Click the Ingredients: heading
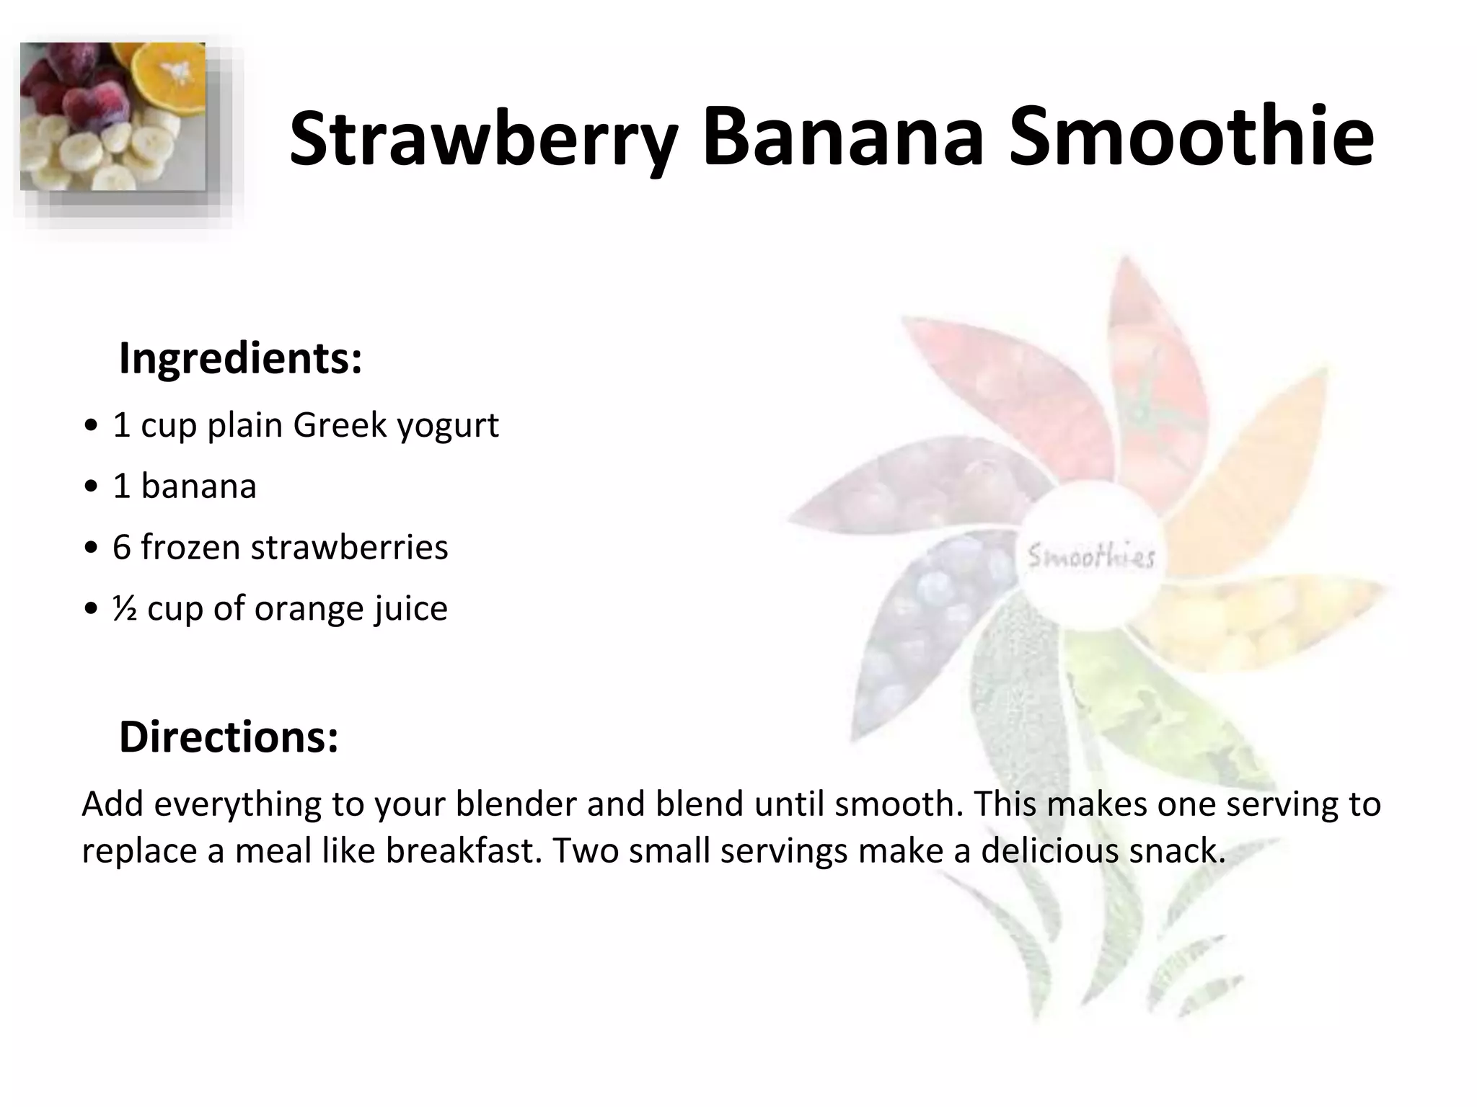coord(240,358)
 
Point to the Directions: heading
coord(229,737)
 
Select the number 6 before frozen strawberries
coord(121,547)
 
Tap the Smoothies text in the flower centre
coord(1090,557)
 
